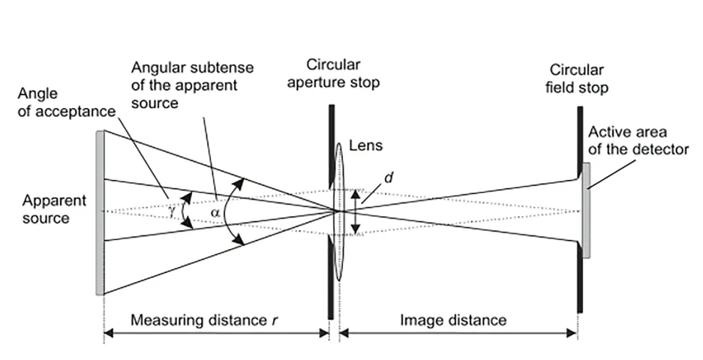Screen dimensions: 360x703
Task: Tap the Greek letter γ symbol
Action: (173, 212)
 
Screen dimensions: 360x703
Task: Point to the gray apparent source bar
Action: (99, 212)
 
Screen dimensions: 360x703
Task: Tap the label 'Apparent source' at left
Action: (54, 209)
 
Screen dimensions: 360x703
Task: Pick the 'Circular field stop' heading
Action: (578, 79)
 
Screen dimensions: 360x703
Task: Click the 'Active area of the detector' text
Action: (637, 140)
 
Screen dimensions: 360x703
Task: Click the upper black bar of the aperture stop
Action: (330, 142)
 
